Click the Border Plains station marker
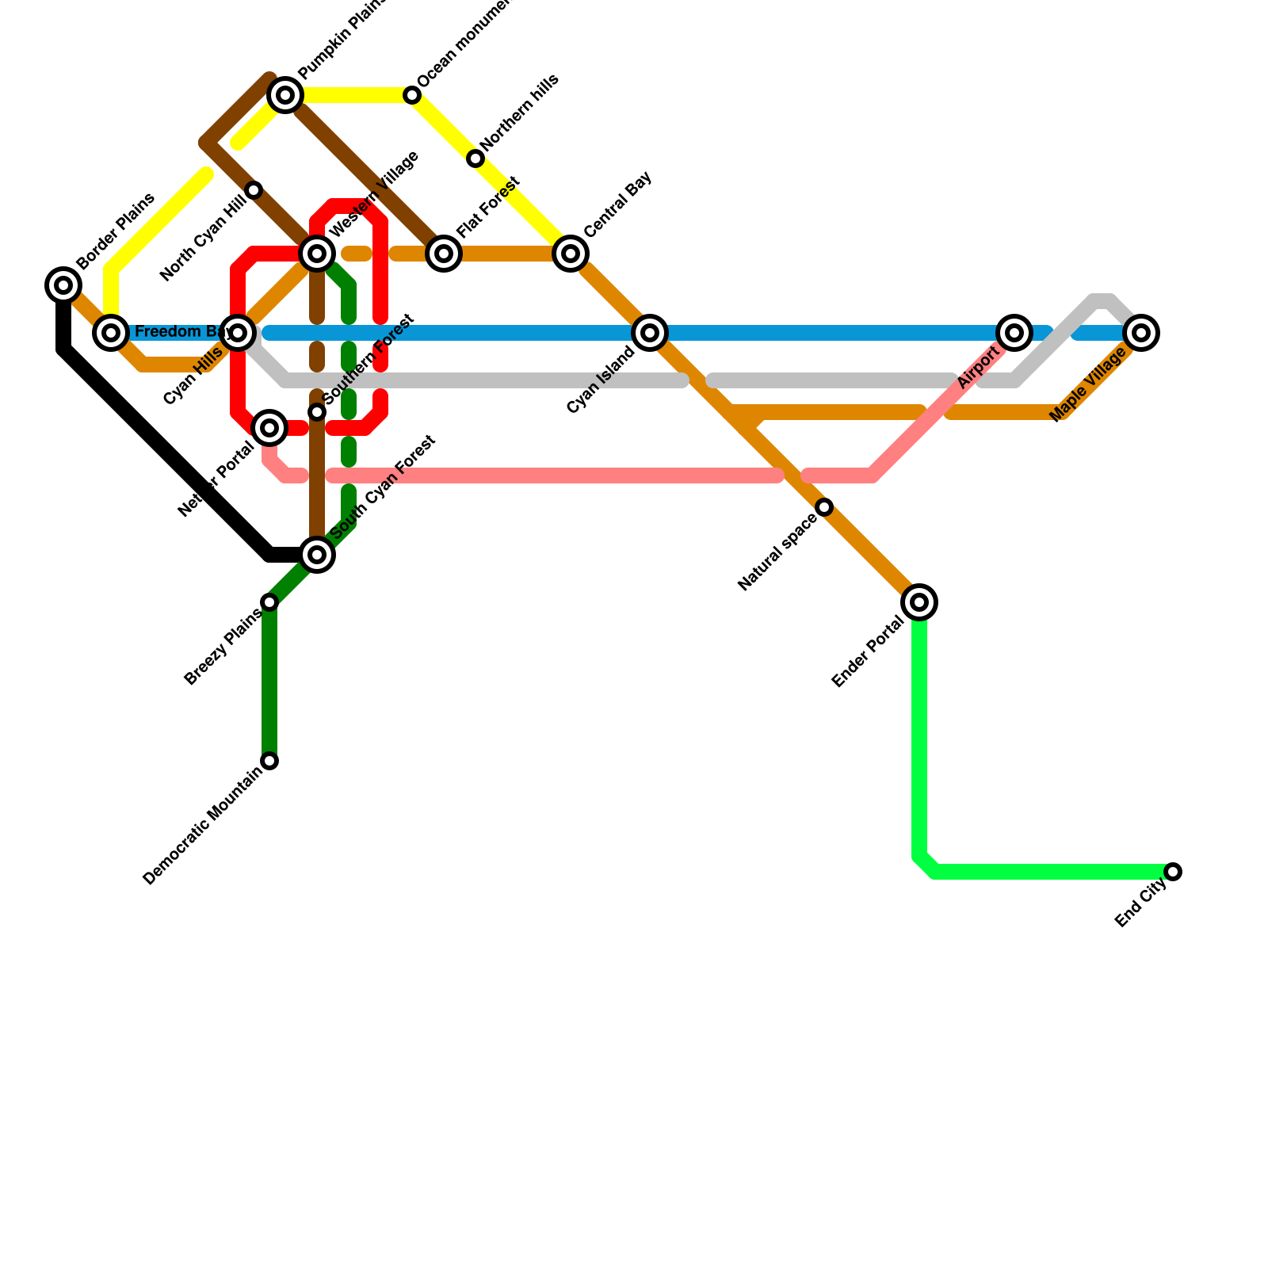(x=63, y=285)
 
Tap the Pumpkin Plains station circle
(x=285, y=95)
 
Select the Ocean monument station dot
(x=412, y=95)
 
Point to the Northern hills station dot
(x=475, y=158)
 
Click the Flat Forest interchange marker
(x=444, y=254)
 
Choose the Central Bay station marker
(x=571, y=254)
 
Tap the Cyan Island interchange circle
(x=650, y=333)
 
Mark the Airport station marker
(x=1014, y=333)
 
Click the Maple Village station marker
(x=1141, y=333)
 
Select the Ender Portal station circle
(x=919, y=602)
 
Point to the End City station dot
(x=1173, y=872)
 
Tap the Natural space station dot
(x=824, y=507)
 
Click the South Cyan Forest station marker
(x=317, y=555)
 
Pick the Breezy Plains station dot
(x=269, y=602)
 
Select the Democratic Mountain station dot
(x=269, y=761)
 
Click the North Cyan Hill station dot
(x=254, y=190)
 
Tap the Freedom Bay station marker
(x=111, y=333)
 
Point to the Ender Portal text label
(x=868, y=652)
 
